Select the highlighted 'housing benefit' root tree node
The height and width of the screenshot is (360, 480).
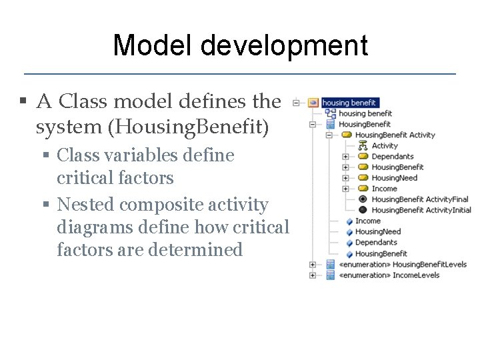pos(349,103)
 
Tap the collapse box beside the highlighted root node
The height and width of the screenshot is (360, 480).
pos(295,103)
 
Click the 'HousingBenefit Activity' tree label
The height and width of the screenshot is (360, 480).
pos(395,135)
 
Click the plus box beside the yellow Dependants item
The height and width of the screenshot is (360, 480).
pos(345,157)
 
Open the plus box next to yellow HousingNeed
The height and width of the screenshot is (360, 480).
pos(345,178)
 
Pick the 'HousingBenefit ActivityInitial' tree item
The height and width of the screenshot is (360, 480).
pos(421,210)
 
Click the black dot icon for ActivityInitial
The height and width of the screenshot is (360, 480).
pos(363,210)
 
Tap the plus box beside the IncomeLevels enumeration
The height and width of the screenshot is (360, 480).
pos(313,275)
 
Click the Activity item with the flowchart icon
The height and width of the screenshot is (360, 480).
pos(384,145)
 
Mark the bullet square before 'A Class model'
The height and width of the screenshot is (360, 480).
pos(23,102)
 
